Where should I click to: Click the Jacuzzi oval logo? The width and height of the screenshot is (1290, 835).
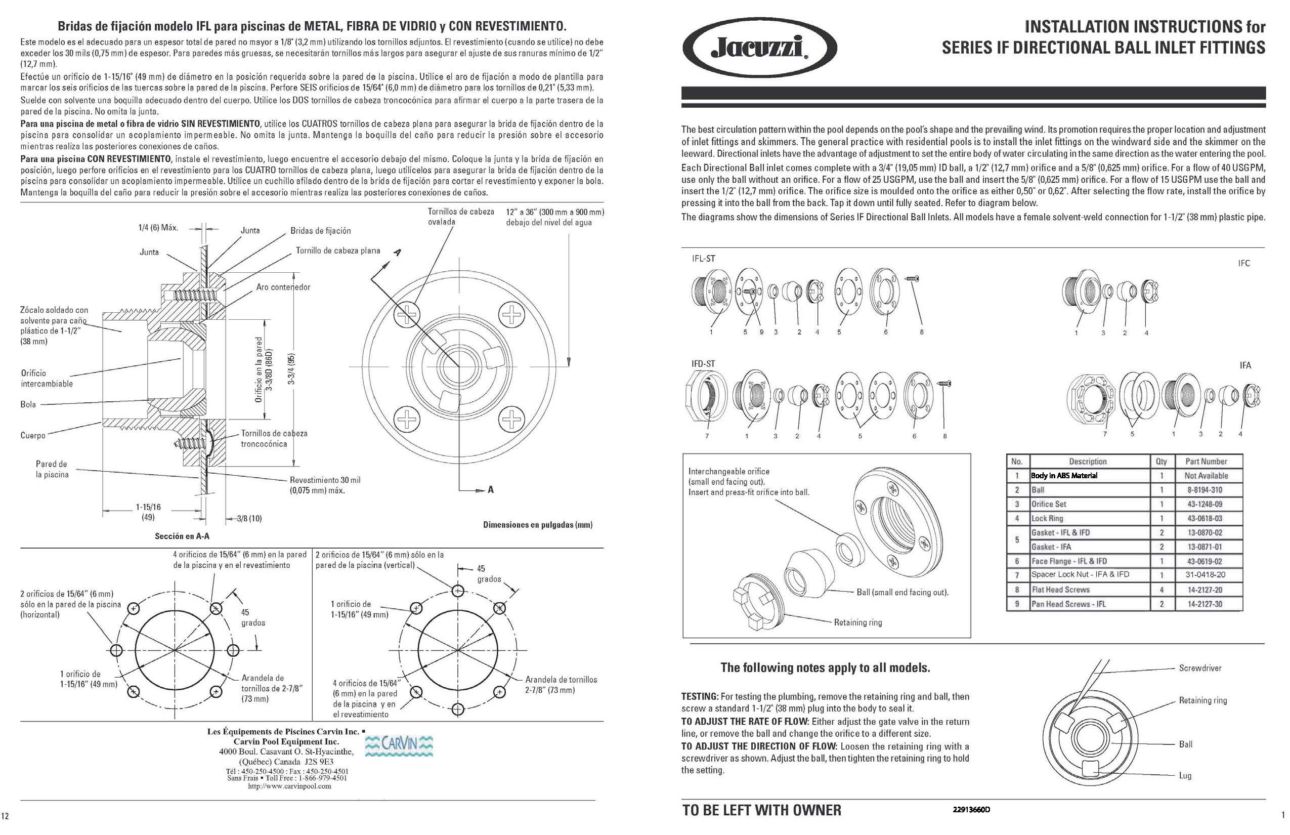coord(759,47)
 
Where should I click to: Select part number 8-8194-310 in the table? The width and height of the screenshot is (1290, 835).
coord(1205,490)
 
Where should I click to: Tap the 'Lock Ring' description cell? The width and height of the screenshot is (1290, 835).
coord(1047,518)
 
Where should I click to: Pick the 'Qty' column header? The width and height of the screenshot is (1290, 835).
coord(1161,462)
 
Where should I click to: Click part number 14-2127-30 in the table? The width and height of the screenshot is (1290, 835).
coord(1205,604)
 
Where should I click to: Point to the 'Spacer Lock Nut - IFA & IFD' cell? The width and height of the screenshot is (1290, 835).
coord(1080,575)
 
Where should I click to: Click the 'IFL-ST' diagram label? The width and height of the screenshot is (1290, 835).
coord(703,259)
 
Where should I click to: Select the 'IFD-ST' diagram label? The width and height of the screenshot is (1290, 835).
coord(703,364)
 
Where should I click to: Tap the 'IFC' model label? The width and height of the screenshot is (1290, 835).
coord(1244,264)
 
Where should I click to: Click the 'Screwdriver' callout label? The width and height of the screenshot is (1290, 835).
coord(1200,668)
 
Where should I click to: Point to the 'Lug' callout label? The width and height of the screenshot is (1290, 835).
coord(1185,775)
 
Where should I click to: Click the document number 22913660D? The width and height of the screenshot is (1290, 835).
coord(971,810)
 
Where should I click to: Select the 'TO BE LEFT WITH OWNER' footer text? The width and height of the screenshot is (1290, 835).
coord(761,810)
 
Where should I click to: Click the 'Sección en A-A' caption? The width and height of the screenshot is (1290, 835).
coord(182,536)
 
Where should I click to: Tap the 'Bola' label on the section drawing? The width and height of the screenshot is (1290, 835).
coord(28,404)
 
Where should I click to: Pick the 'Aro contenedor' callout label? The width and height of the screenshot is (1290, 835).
coord(283,287)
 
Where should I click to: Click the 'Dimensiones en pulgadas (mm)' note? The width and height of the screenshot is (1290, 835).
coord(538,525)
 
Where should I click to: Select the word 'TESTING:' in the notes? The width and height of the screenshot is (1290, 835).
coord(699,697)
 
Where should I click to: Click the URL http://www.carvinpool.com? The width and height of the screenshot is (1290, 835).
coord(289,786)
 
